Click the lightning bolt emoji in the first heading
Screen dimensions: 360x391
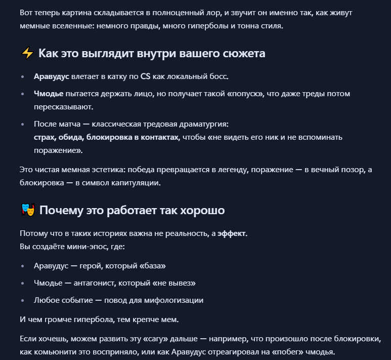(x=27, y=53)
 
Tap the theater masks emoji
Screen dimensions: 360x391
(x=27, y=210)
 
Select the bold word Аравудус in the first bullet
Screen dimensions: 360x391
(x=51, y=76)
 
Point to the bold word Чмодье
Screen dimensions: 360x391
(x=49, y=94)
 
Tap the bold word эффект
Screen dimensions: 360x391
(x=232, y=234)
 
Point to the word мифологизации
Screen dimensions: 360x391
(x=173, y=300)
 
